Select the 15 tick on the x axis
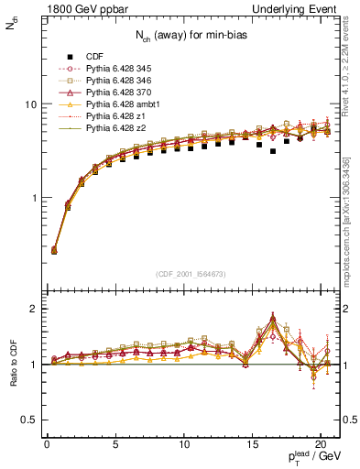tap(252, 445)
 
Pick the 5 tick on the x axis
tap(115, 445)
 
